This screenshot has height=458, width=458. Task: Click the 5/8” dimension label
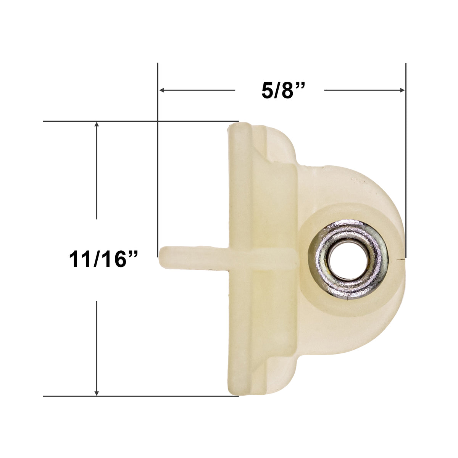pos(283,90)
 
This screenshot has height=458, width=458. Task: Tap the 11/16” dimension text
pos(103,260)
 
